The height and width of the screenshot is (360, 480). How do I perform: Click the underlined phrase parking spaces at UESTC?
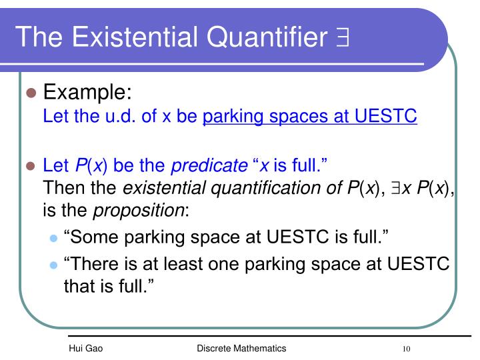tap(310, 117)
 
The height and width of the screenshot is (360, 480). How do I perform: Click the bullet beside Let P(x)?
tap(30, 166)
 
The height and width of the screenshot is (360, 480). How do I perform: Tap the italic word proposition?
tap(139, 211)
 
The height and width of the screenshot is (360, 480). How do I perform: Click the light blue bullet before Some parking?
tap(54, 239)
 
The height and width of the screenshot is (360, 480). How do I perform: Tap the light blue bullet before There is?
tap(54, 265)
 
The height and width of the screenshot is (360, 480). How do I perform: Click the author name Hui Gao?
tap(85, 349)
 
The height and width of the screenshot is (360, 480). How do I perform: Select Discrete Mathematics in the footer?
tap(241, 349)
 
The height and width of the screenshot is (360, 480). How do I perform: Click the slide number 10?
tap(406, 349)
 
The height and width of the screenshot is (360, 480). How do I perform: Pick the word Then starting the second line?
tap(62, 189)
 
